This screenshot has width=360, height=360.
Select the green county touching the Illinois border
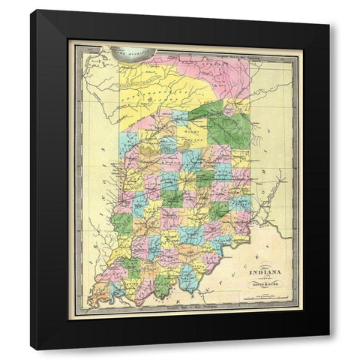pos(121,223)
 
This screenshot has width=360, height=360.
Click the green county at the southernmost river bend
pos(162,286)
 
